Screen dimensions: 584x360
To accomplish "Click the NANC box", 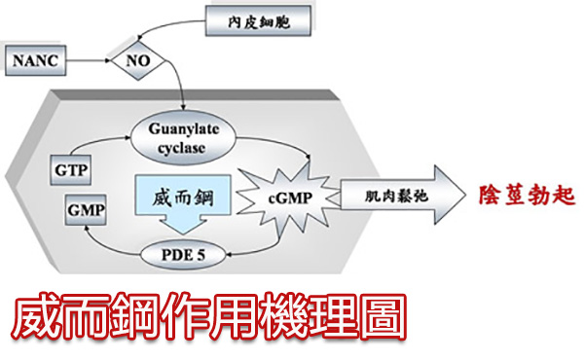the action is [36, 60].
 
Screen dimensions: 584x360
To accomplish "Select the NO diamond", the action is [138, 60].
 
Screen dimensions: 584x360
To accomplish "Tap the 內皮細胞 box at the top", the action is [258, 20].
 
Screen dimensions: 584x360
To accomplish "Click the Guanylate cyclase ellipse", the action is [183, 138].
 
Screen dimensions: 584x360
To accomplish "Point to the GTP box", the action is [71, 170].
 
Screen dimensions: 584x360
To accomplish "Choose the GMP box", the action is [86, 210].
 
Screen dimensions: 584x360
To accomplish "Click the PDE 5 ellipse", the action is [183, 255].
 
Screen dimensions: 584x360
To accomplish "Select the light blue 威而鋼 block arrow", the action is [183, 204].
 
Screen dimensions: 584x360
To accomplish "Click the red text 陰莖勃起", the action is [527, 195].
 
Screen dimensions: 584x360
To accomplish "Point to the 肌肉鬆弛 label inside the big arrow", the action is [396, 196].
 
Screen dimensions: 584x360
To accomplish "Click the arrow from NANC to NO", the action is [89, 60].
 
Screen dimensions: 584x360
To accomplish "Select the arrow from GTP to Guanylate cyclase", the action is [95, 140].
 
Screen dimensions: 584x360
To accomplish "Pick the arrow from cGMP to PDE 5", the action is [261, 250].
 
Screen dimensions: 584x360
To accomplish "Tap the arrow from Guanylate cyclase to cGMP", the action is [279, 142].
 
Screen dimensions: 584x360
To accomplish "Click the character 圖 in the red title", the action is [383, 316].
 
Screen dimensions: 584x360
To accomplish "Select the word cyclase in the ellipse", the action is [181, 148].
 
